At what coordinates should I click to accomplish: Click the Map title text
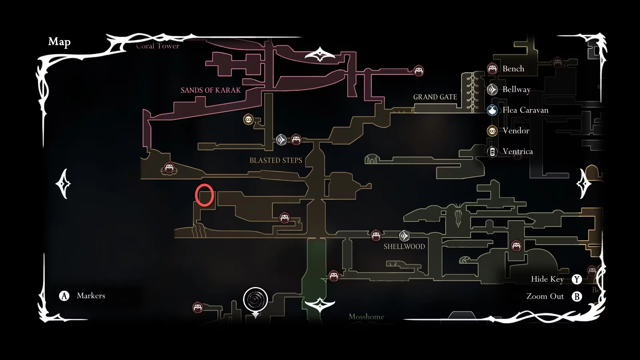point(59,42)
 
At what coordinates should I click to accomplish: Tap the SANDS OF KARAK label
point(210,90)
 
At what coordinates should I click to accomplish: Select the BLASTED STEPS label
point(276,160)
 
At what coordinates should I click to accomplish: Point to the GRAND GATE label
point(435,97)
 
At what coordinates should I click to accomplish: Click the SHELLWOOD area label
point(404,247)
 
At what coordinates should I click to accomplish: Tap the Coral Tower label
point(157,46)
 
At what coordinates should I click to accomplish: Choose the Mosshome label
point(366,317)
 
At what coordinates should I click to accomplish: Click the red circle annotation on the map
point(204,195)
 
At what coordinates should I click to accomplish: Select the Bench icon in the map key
point(492,69)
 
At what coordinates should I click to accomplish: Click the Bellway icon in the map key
point(492,89)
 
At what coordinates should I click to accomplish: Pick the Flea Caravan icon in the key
point(492,110)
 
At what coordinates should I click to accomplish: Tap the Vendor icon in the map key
point(492,131)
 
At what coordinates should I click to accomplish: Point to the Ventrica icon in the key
point(492,152)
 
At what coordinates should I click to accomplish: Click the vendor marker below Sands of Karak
point(248,119)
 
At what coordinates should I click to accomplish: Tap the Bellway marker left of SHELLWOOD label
point(404,236)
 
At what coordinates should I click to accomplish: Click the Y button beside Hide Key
point(577,279)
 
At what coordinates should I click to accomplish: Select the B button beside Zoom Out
point(577,296)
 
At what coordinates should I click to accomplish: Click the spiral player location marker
point(255,299)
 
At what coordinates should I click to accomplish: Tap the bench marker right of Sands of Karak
point(419,71)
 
